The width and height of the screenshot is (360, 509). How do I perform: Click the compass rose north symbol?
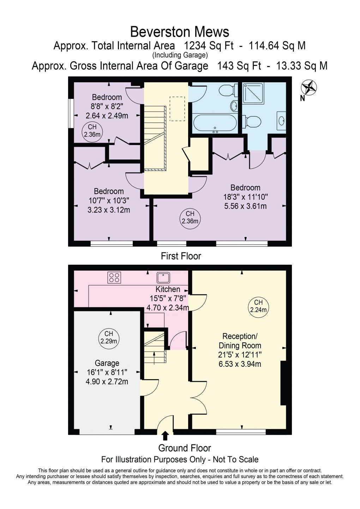coord(308,88)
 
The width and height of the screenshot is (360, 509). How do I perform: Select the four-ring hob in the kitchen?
coord(114,277)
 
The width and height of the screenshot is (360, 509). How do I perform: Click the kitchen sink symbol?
coord(164,278)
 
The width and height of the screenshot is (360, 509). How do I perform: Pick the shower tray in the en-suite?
coord(253,93)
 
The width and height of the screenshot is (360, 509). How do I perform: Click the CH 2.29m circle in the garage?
coord(109,337)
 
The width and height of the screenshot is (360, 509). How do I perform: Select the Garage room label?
coord(107,363)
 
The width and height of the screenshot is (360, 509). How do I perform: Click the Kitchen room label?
coord(168,289)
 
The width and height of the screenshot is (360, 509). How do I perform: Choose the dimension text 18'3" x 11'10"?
coord(245,197)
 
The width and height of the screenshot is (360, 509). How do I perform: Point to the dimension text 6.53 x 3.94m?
coord(240,364)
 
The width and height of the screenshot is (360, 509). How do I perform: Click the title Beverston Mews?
coord(180,32)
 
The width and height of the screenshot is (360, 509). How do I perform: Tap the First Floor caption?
coord(181,256)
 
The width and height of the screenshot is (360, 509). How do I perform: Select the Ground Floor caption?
coord(185,448)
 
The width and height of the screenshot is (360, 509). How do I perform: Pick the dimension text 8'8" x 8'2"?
coord(107,106)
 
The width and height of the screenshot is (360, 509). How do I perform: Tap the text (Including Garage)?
coord(180,55)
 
